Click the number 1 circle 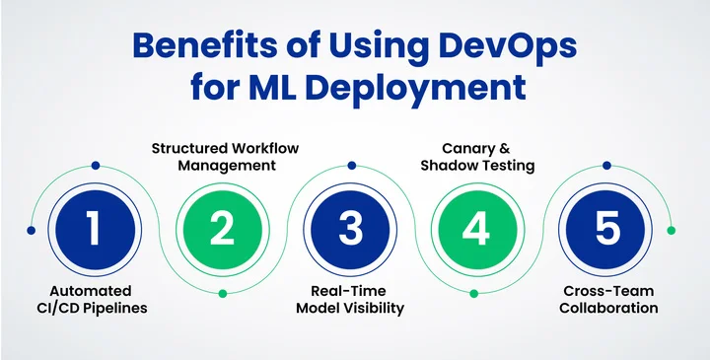click(94, 229)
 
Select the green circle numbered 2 click(223, 229)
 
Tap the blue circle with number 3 click(350, 229)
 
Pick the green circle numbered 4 click(477, 229)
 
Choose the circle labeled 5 click(606, 229)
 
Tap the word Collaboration click(608, 308)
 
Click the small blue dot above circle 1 click(95, 165)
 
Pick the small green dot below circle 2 click(223, 294)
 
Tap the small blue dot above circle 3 click(350, 165)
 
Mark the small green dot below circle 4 click(477, 294)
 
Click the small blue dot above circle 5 click(606, 165)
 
